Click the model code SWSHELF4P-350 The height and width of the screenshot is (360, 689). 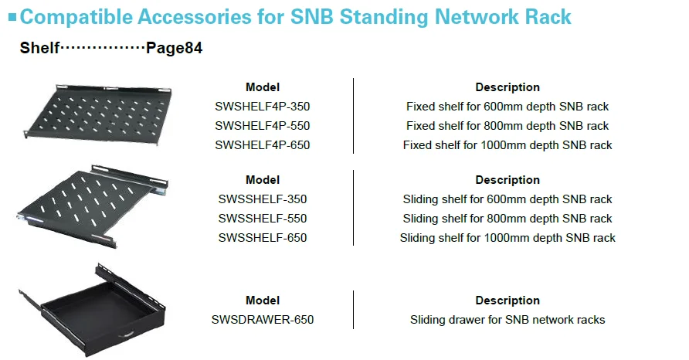point(263,107)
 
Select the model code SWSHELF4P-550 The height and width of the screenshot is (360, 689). point(263,126)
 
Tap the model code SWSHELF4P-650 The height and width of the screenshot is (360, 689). point(263,145)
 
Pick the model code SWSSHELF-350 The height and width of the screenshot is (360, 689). point(263,199)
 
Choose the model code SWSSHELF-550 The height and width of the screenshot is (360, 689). point(263,219)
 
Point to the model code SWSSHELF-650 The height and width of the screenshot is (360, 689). point(263,238)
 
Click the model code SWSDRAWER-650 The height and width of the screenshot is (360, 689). point(263,320)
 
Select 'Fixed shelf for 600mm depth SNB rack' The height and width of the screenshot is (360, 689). point(507,107)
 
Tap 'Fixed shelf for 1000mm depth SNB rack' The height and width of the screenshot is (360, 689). point(507,145)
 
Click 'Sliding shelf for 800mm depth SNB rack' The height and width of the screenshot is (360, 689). point(507,219)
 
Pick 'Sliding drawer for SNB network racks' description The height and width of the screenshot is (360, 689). point(507,320)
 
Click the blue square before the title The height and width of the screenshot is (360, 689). point(12,17)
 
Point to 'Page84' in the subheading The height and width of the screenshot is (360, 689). point(174,48)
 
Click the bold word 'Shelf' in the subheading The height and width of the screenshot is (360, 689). point(39,47)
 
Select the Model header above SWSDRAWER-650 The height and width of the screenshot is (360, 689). point(263,301)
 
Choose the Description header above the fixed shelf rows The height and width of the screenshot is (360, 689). point(507,87)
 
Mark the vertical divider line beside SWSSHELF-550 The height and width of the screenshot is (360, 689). point(353,208)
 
